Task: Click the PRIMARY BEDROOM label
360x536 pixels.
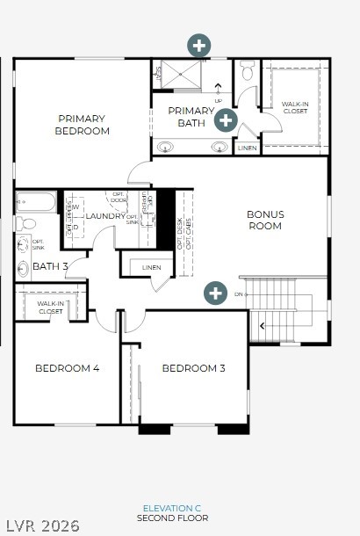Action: pos(82,125)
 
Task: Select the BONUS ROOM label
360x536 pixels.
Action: pos(264,220)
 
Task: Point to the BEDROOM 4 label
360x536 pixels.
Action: pos(67,368)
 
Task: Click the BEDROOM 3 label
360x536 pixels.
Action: pos(193,368)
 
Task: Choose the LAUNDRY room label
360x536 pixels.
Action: pos(105,215)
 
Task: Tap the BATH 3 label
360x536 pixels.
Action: pos(50,266)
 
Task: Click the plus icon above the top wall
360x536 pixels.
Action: pos(200,45)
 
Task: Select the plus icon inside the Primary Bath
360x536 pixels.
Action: pos(226,120)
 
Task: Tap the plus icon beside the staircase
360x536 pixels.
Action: pos(215,293)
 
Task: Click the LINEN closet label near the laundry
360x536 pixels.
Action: pos(151,267)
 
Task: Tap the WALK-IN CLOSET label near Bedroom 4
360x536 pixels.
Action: pos(50,308)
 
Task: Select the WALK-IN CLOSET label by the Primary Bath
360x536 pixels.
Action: pos(295,107)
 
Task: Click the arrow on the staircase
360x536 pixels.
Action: pos(260,326)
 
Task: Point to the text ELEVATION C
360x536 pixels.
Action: pos(173,509)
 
